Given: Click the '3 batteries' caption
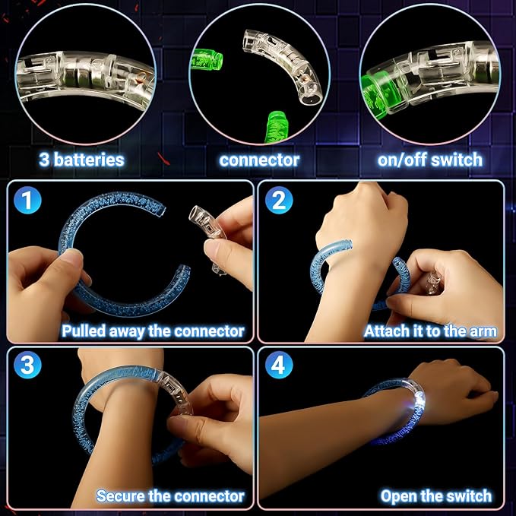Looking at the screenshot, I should click(x=82, y=160).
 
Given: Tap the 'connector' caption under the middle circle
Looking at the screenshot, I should click(x=259, y=160).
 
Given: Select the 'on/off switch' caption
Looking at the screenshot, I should click(x=429, y=160).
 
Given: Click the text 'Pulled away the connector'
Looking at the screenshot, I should click(x=153, y=331).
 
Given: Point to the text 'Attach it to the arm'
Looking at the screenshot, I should click(x=430, y=331).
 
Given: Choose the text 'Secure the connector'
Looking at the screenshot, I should click(x=170, y=496).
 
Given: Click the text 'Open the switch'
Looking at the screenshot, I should click(x=435, y=496).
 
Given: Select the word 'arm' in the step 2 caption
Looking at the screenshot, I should click(x=483, y=331).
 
